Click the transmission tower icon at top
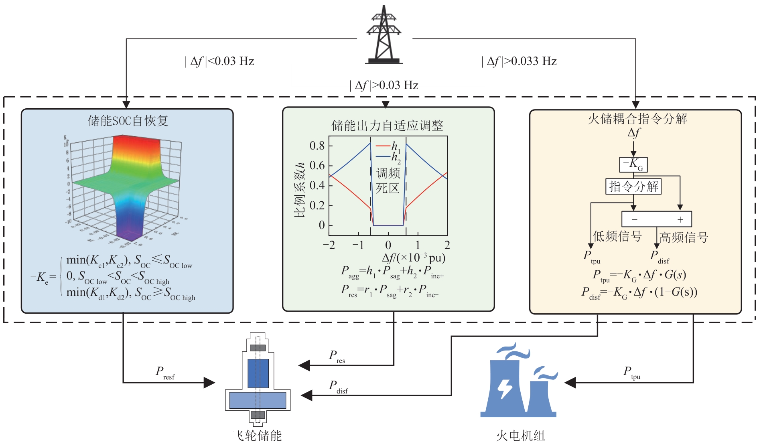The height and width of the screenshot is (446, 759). (384, 35)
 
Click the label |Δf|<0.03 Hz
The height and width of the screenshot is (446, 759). (220, 61)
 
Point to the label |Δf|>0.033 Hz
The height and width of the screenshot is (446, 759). (519, 61)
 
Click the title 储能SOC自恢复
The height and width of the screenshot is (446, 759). (128, 120)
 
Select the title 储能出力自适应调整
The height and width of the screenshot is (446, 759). (387, 126)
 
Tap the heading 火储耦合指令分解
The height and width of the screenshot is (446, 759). (637, 119)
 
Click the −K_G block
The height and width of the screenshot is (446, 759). (633, 164)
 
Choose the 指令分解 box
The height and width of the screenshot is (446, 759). (633, 187)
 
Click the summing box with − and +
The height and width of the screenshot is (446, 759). (657, 219)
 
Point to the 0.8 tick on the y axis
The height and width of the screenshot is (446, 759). (317, 146)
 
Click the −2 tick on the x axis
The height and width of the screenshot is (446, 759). (329, 245)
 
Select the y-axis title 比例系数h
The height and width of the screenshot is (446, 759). (300, 190)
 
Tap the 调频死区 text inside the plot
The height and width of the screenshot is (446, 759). (388, 180)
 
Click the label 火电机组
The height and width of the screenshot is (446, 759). (520, 436)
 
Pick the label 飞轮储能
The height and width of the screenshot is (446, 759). (258, 436)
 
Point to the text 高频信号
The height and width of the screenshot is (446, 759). (684, 237)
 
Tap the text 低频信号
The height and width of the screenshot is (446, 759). (617, 236)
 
